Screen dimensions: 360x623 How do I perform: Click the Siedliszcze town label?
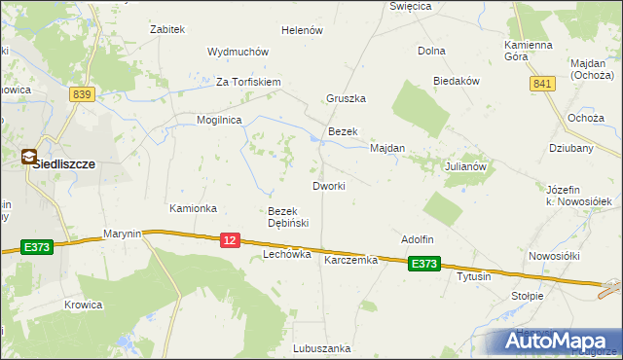[63, 164]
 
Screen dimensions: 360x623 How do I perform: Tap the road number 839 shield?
[82, 93]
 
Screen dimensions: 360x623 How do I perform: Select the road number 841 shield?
[542, 85]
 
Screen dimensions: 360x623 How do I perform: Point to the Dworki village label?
[328, 185]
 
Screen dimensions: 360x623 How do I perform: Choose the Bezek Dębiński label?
[288, 217]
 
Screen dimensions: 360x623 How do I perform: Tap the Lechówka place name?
[286, 254]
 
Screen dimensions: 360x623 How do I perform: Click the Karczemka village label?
[350, 260]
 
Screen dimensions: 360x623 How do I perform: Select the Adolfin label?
[417, 239]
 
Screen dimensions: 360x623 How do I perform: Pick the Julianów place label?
[465, 166]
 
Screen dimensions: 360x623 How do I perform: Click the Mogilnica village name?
[219, 119]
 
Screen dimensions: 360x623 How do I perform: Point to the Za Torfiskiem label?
[248, 82]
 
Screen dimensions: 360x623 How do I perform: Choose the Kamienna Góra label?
[529, 51]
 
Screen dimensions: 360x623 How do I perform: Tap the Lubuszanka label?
[321, 347]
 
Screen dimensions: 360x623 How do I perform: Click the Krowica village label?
[84, 305]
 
